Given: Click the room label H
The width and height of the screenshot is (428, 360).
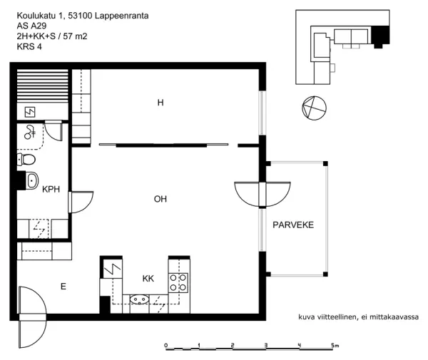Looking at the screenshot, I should (160, 103).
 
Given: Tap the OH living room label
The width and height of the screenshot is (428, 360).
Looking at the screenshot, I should (160, 199).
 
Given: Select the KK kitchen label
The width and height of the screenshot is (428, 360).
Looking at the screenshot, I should (148, 278).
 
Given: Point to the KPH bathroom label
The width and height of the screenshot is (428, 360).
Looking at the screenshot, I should (51, 190).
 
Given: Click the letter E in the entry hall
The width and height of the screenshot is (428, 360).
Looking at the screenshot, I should (63, 287).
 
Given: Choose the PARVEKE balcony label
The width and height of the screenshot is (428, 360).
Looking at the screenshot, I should (292, 225).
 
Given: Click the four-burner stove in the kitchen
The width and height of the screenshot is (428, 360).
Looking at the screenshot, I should (179, 282).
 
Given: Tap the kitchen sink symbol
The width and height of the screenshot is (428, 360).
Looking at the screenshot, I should (138, 299).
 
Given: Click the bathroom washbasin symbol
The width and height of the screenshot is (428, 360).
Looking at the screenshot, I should (31, 181).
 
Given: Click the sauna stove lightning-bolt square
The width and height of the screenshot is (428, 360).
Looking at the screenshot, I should (31, 112).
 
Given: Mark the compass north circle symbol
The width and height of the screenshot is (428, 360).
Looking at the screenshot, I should (313, 108).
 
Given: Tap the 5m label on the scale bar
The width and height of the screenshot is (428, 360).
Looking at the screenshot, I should (335, 345).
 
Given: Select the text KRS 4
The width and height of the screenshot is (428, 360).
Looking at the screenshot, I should (29, 48).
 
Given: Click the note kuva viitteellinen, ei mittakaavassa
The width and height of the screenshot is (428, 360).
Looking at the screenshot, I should (357, 317).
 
